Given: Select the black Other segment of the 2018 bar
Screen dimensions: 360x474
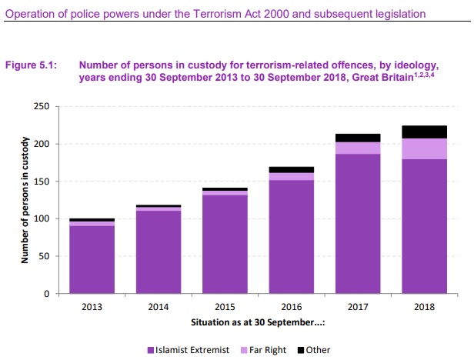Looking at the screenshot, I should (x=425, y=132).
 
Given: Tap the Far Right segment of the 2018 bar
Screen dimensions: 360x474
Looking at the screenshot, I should (x=425, y=148).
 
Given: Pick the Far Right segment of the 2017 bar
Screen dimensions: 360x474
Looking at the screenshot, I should (x=358, y=148).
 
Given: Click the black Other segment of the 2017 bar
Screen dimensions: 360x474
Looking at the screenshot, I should (x=358, y=138).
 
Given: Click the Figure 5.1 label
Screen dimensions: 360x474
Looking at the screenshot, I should (x=32, y=65).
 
